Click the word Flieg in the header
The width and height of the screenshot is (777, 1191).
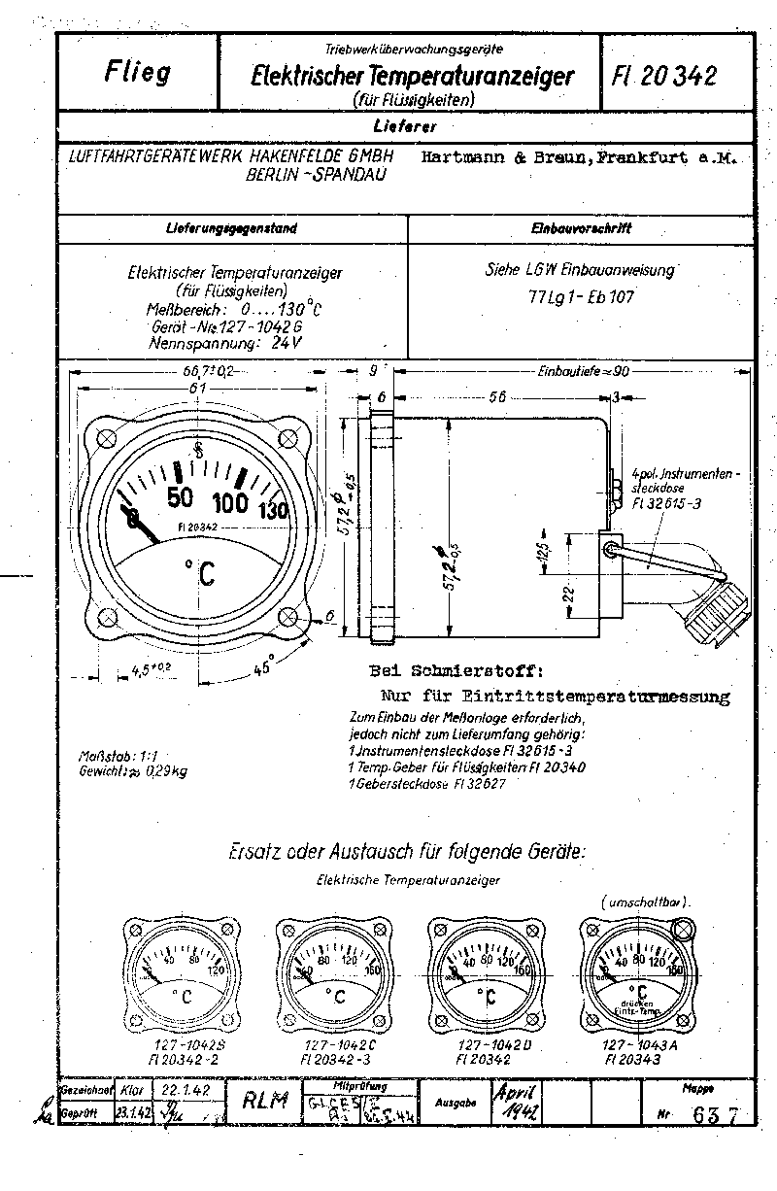(136, 74)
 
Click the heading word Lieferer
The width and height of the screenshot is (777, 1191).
(404, 126)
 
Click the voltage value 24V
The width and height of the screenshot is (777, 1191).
(286, 343)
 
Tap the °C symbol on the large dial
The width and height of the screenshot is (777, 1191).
(197, 574)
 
